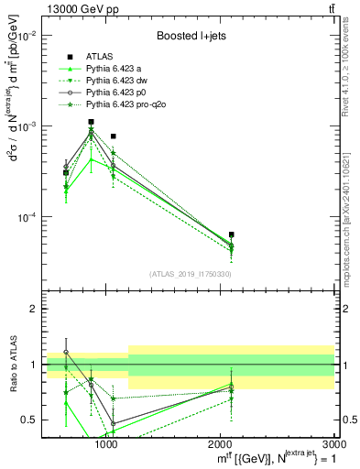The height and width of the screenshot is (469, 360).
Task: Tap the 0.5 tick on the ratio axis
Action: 31,420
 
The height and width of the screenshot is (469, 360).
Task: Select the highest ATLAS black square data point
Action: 91,122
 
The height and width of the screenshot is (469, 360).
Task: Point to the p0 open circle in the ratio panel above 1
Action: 66,352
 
